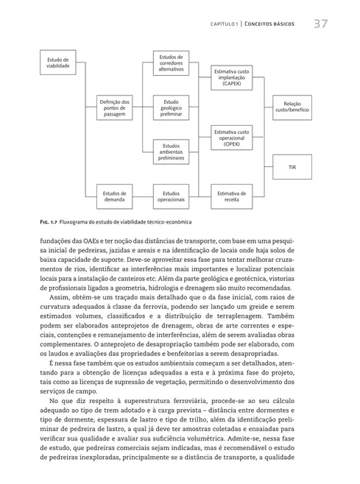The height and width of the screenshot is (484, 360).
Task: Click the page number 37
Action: pos(320,24)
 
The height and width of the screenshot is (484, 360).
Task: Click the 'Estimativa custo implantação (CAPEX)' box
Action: pos(232,77)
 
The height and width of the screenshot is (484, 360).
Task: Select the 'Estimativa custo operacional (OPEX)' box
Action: pos(232,138)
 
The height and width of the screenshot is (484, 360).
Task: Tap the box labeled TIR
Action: pos(292,168)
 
